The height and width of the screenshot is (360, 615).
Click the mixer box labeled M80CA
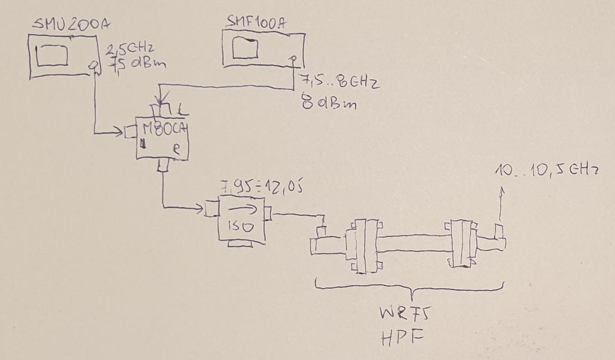point(162,138)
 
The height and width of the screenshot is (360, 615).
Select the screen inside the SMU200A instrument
point(53,56)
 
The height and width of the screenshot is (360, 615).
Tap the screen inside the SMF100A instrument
point(246,49)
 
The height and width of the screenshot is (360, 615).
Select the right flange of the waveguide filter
point(462,245)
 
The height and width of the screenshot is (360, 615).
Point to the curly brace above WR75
point(410,290)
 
